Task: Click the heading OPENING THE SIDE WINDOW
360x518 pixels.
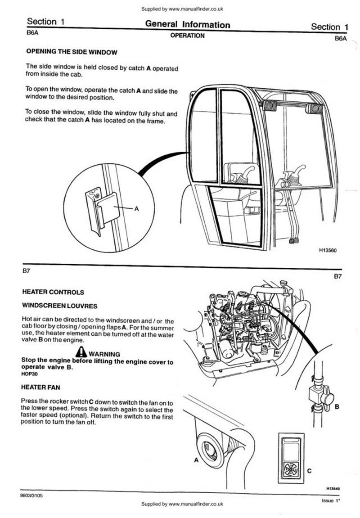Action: click(72, 52)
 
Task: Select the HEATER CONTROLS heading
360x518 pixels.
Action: click(53, 292)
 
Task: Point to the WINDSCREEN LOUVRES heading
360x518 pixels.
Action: click(59, 306)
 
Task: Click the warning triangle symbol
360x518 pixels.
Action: click(81, 353)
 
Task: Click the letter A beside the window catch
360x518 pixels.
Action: click(137, 209)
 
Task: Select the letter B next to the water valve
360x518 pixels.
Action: click(337, 407)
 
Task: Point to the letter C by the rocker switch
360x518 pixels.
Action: click(309, 471)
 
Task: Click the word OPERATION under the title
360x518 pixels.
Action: click(187, 36)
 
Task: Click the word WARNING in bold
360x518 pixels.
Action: click(104, 354)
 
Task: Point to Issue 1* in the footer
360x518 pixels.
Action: click(331, 500)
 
